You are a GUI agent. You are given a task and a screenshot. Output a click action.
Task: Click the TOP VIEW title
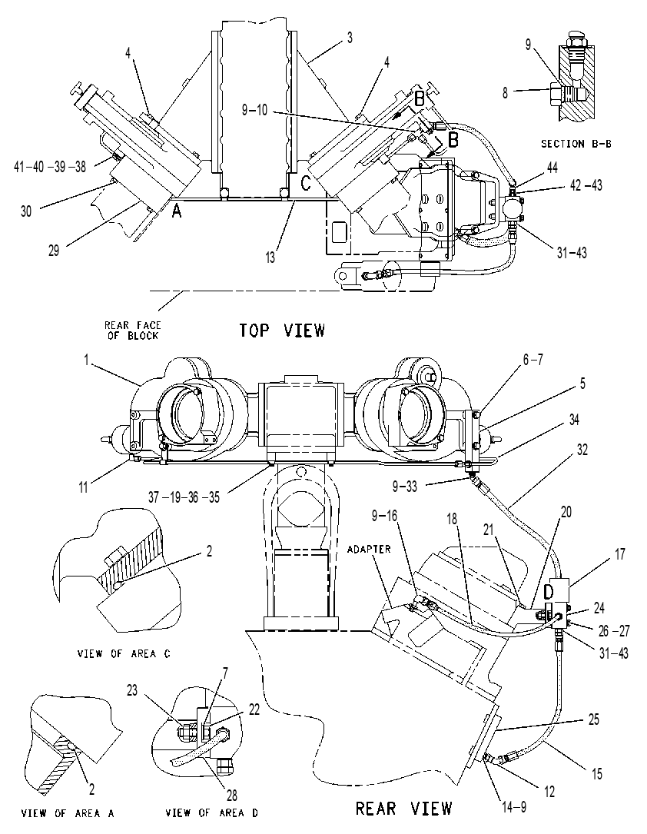282,331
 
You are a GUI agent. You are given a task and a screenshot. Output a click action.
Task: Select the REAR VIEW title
403,809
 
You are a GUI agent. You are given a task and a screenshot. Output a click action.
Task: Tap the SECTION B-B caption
576,144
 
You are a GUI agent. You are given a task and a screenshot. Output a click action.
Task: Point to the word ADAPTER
369,549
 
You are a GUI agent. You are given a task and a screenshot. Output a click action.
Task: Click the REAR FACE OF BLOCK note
132,331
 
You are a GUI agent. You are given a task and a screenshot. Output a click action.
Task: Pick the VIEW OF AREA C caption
124,653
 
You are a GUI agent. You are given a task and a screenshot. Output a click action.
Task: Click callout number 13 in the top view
270,257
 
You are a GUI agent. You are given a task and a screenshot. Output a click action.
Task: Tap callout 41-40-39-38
49,167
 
